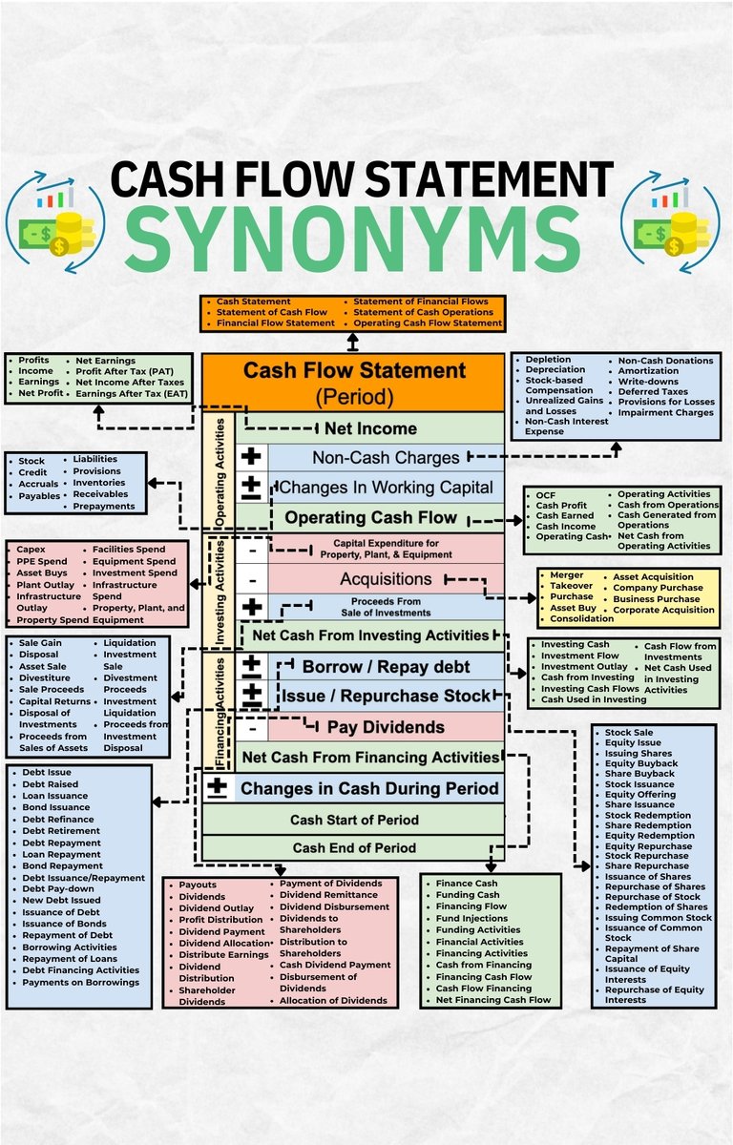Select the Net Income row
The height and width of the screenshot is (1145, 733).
(x=370, y=428)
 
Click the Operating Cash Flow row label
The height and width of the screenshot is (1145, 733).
(x=371, y=518)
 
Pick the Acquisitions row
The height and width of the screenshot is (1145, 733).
(x=386, y=579)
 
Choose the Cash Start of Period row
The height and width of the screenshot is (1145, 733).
(x=354, y=820)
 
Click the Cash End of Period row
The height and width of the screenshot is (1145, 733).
(x=354, y=847)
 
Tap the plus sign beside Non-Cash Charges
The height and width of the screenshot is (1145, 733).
(x=251, y=457)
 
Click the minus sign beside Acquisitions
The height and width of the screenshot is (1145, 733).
(x=251, y=579)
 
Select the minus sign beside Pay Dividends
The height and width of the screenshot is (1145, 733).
(x=251, y=727)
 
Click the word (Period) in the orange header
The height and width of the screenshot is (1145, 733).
(x=353, y=394)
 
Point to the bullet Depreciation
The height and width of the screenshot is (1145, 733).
(x=555, y=370)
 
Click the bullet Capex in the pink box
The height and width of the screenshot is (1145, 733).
(x=32, y=550)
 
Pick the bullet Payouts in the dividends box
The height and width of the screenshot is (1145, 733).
(x=198, y=885)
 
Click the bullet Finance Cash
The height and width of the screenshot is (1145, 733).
(x=467, y=884)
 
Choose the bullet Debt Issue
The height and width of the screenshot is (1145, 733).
(x=46, y=772)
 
